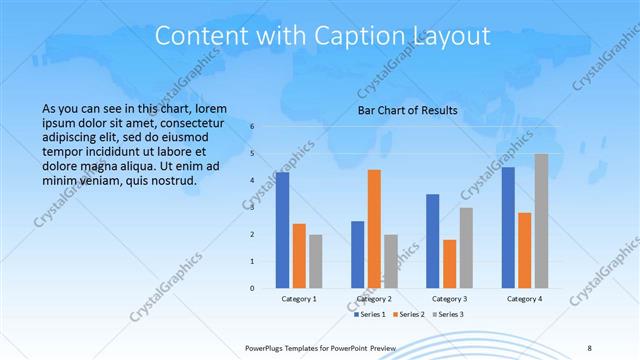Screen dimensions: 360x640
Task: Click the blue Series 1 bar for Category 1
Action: tap(283, 230)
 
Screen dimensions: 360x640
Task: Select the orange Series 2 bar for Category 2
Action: tap(374, 229)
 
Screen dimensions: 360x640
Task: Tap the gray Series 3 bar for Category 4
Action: tap(541, 221)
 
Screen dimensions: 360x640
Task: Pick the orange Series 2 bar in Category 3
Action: tap(450, 264)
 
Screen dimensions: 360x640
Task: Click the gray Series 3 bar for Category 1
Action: tap(316, 261)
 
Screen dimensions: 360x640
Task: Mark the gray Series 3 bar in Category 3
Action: tap(466, 248)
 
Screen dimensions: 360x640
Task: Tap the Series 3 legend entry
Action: tap(450, 315)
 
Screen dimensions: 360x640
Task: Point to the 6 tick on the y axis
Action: tap(252, 126)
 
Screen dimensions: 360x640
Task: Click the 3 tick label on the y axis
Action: tap(252, 207)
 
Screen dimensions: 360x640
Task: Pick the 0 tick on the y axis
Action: tap(252, 288)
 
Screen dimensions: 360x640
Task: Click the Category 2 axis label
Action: tap(374, 299)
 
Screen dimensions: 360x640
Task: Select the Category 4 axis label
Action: tap(524, 299)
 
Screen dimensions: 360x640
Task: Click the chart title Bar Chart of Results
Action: tap(407, 110)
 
